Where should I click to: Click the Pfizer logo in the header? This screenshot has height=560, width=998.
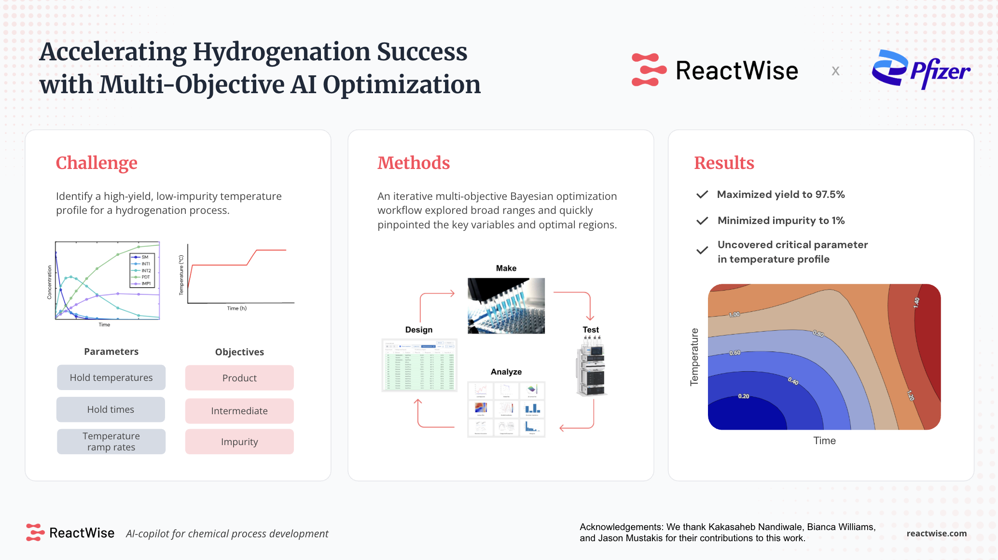920,70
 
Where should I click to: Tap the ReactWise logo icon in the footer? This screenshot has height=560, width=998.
35,532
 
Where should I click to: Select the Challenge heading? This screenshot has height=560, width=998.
97,163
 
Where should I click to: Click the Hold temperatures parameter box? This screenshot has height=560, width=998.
111,378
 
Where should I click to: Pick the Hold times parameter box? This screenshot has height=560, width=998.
111,409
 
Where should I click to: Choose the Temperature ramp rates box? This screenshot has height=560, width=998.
111,441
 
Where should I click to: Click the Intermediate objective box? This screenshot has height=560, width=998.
239,411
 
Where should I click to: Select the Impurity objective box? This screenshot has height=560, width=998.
239,442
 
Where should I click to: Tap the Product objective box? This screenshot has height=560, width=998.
239,378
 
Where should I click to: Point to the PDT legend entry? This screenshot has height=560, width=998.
145,277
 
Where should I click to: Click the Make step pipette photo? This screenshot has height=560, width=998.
506,306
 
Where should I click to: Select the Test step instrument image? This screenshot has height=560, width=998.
591,367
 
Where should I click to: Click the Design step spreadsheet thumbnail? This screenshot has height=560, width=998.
419,365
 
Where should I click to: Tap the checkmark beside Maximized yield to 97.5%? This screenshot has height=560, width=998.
702,195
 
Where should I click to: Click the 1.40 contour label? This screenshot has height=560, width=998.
916,303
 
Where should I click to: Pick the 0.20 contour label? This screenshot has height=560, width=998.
744,396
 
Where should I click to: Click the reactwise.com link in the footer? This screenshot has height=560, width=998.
936,533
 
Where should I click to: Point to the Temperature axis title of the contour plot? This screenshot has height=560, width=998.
694,357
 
